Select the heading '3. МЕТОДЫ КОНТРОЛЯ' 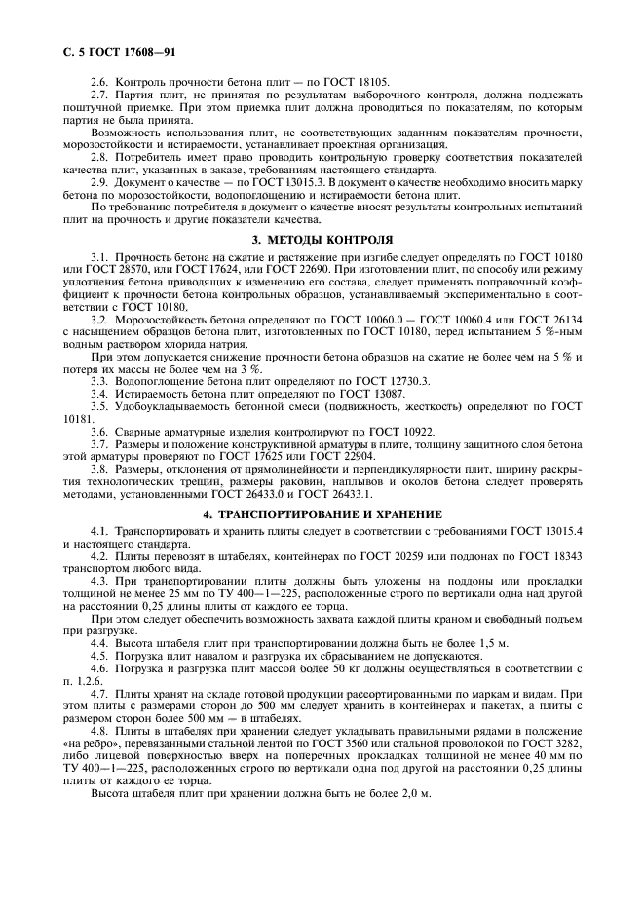[322, 238]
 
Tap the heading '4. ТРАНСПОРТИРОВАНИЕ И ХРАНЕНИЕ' [322, 513]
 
